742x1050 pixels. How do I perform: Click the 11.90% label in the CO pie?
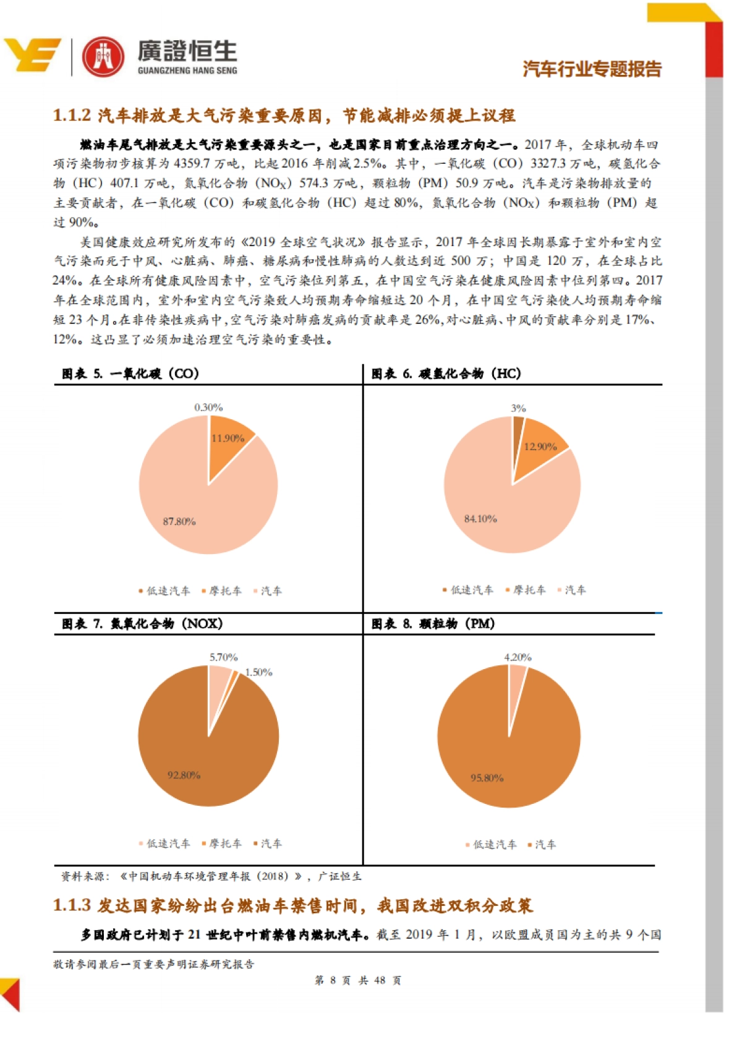pyautogui.click(x=228, y=438)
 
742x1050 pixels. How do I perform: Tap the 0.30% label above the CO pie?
pyautogui.click(x=208, y=408)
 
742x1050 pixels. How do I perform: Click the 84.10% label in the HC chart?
pyautogui.click(x=480, y=519)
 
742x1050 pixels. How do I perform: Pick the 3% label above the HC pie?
pyautogui.click(x=518, y=408)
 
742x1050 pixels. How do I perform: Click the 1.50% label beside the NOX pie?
pyautogui.click(x=258, y=672)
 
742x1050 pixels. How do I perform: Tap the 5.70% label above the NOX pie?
pyautogui.click(x=223, y=657)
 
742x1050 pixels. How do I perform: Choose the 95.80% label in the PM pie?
pyautogui.click(x=487, y=778)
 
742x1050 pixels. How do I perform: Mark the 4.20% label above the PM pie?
pyautogui.click(x=518, y=657)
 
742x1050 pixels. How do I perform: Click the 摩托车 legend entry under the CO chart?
pyautogui.click(x=222, y=591)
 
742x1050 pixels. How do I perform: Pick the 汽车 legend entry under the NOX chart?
pyautogui.click(x=268, y=843)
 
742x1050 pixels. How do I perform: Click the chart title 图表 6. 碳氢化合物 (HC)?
pyautogui.click(x=446, y=373)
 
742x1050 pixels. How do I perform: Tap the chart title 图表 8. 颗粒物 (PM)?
pyautogui.click(x=433, y=623)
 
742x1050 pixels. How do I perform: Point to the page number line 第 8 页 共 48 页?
pyautogui.click(x=357, y=980)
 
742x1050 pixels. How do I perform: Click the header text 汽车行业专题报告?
pyautogui.click(x=592, y=69)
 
